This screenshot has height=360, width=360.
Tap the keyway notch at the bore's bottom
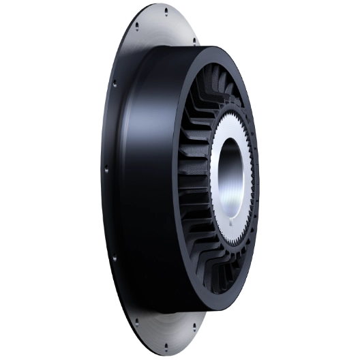pos(232,222)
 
